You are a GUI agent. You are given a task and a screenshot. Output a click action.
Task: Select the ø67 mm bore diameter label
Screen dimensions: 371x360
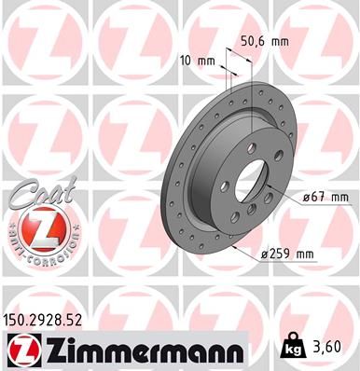325,197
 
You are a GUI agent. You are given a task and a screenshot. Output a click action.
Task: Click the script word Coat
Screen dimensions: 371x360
34,193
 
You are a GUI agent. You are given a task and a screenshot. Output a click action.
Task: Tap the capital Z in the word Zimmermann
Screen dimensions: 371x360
52,350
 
